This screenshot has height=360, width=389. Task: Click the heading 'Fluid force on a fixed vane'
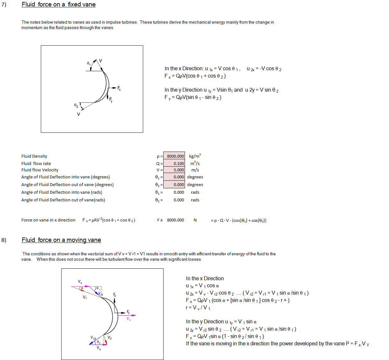(x=59, y=4)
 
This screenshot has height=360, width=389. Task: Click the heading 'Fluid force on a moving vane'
(x=61, y=240)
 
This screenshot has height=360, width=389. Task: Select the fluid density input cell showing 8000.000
(x=174, y=156)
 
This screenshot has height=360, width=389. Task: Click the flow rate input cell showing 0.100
(x=174, y=163)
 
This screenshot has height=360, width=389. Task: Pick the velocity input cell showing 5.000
(x=174, y=170)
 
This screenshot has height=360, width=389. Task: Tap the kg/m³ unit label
(x=195, y=156)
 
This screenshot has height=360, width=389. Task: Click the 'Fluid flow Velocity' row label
(x=40, y=170)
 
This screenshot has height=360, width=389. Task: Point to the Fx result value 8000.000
(x=175, y=220)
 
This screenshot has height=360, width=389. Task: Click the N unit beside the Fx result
(x=195, y=220)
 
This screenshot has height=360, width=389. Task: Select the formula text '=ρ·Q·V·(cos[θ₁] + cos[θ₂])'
(x=239, y=220)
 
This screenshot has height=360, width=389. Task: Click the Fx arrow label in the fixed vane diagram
(x=119, y=88)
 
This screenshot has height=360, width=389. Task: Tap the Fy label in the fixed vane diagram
(x=111, y=100)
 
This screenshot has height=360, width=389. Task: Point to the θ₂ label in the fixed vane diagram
(x=76, y=105)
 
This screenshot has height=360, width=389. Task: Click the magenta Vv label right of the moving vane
(x=128, y=319)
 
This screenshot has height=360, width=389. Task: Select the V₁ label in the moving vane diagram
(x=85, y=297)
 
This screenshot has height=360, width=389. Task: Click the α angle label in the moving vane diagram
(x=82, y=288)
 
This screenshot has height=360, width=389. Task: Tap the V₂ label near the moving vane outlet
(x=109, y=338)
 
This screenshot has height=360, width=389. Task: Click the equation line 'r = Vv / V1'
(x=198, y=308)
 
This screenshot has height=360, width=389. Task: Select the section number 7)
(x=4, y=4)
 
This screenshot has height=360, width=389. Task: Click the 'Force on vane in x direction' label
(x=48, y=220)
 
